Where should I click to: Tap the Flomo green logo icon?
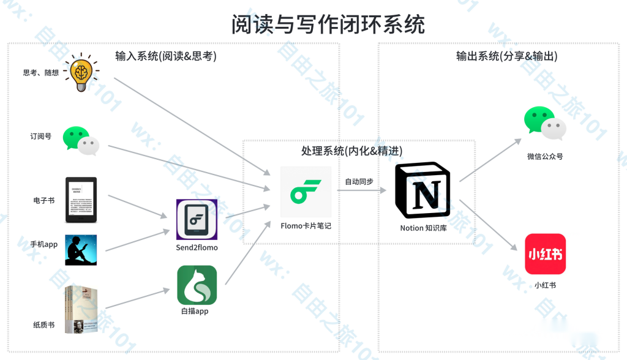306,192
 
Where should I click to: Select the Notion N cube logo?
422,190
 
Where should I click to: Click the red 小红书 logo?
545,253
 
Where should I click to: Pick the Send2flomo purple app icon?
197,219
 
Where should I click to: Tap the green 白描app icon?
197,285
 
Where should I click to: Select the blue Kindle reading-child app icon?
81,250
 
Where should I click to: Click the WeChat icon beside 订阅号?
81,141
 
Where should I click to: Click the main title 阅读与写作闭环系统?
328,24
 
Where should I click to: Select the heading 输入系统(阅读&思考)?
166,56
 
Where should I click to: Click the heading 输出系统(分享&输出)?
506,56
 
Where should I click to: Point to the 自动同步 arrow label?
359,181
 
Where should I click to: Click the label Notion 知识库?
423,228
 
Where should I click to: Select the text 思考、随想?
41,72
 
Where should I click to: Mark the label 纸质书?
43,324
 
